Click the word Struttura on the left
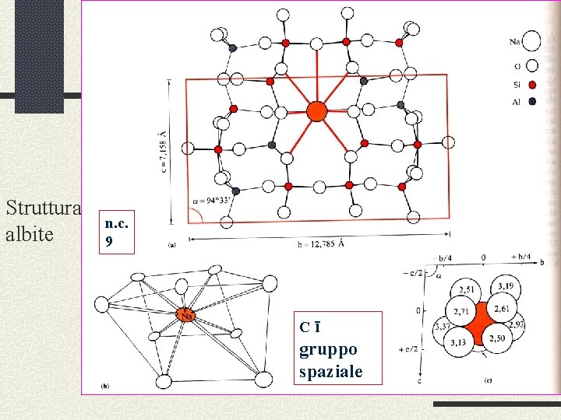click(43, 208)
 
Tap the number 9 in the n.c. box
click(108, 242)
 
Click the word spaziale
click(331, 371)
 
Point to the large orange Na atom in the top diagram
click(316, 111)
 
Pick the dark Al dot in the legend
click(531, 101)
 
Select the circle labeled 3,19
click(505, 287)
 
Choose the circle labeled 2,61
click(501, 310)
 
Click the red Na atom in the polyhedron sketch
click(186, 314)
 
